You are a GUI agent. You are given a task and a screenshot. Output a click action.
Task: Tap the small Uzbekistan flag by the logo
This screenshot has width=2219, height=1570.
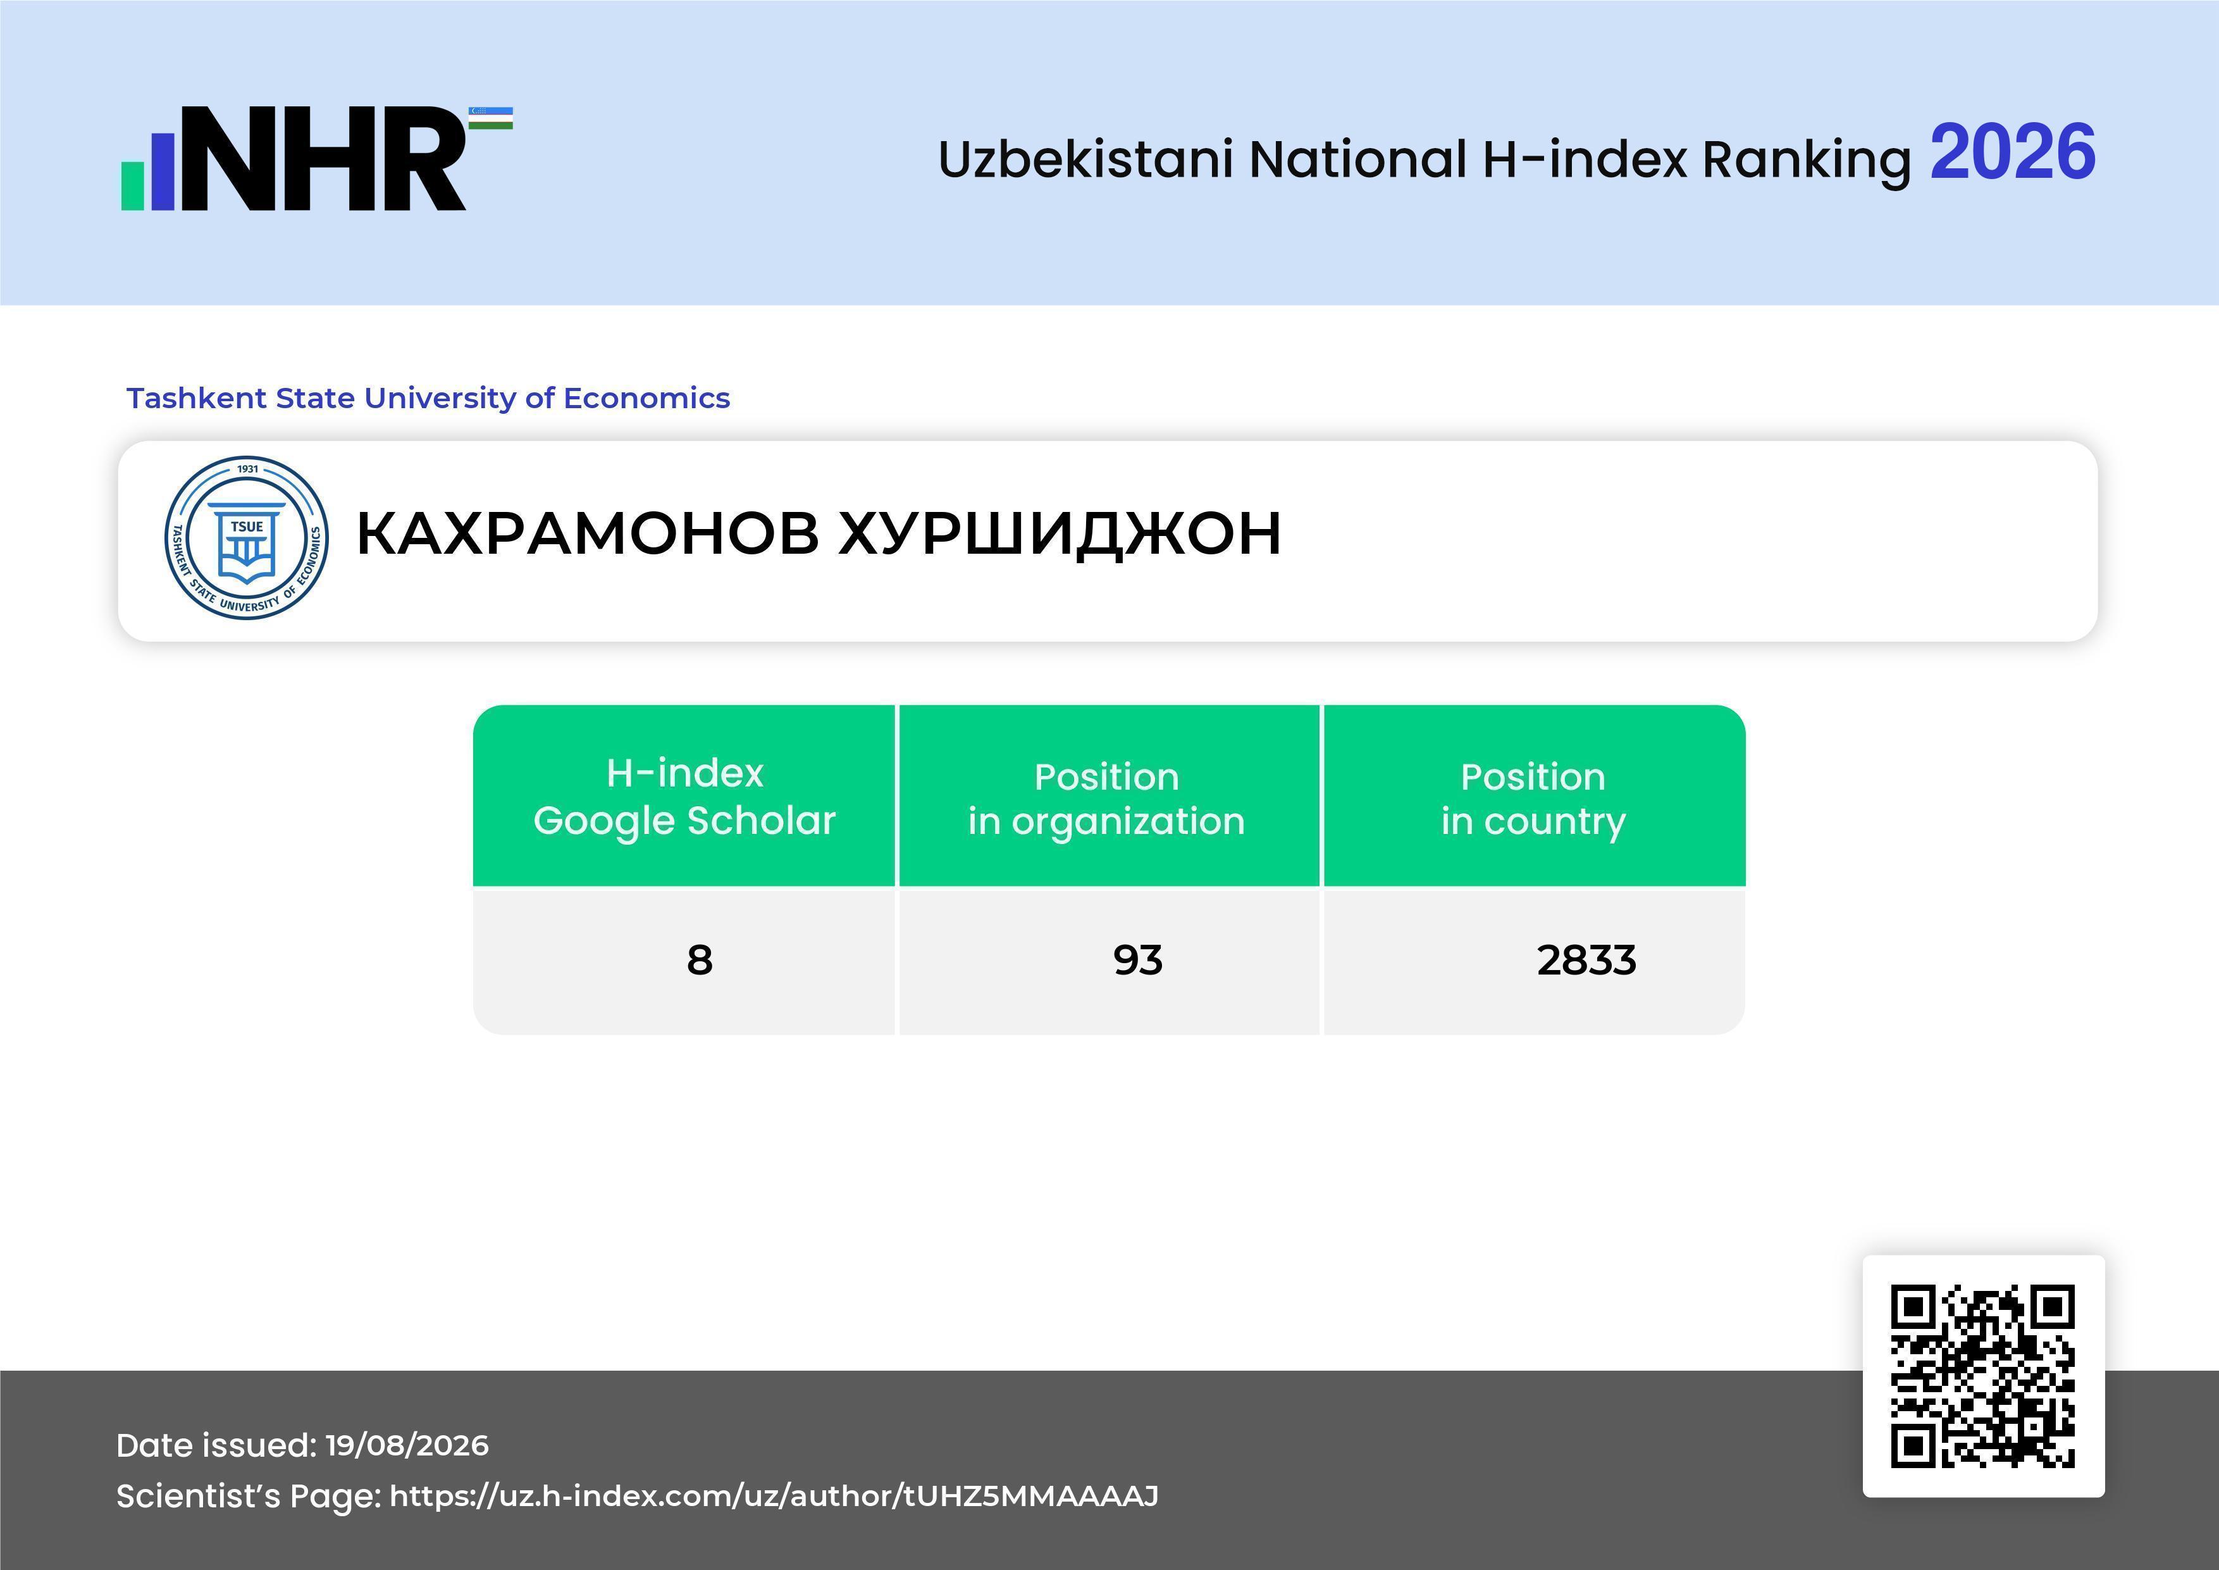tap(491, 118)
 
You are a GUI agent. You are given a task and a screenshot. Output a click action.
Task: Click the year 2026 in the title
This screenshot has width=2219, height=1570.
tap(2012, 153)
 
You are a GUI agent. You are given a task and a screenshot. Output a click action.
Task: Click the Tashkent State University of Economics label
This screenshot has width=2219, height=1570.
tap(428, 398)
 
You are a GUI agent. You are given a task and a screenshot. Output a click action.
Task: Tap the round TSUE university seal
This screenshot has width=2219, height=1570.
tap(247, 537)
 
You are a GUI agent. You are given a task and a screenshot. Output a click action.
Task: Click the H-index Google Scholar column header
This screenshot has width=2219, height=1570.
tap(684, 797)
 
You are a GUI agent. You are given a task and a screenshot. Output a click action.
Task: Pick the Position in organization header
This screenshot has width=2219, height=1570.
tap(1106, 799)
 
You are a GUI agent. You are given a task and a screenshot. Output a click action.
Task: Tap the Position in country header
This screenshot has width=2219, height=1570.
tap(1533, 799)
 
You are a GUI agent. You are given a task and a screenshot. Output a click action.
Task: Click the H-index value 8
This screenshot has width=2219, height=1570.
tap(700, 960)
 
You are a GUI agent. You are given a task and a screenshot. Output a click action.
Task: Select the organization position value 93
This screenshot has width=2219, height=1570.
tap(1137, 960)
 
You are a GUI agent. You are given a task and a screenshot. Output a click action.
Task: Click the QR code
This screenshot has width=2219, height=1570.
tap(1983, 1376)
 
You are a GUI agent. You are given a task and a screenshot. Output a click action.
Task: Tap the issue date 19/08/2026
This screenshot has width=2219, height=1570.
tap(407, 1445)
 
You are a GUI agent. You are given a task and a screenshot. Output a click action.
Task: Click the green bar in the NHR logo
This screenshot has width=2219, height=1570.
tap(132, 185)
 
